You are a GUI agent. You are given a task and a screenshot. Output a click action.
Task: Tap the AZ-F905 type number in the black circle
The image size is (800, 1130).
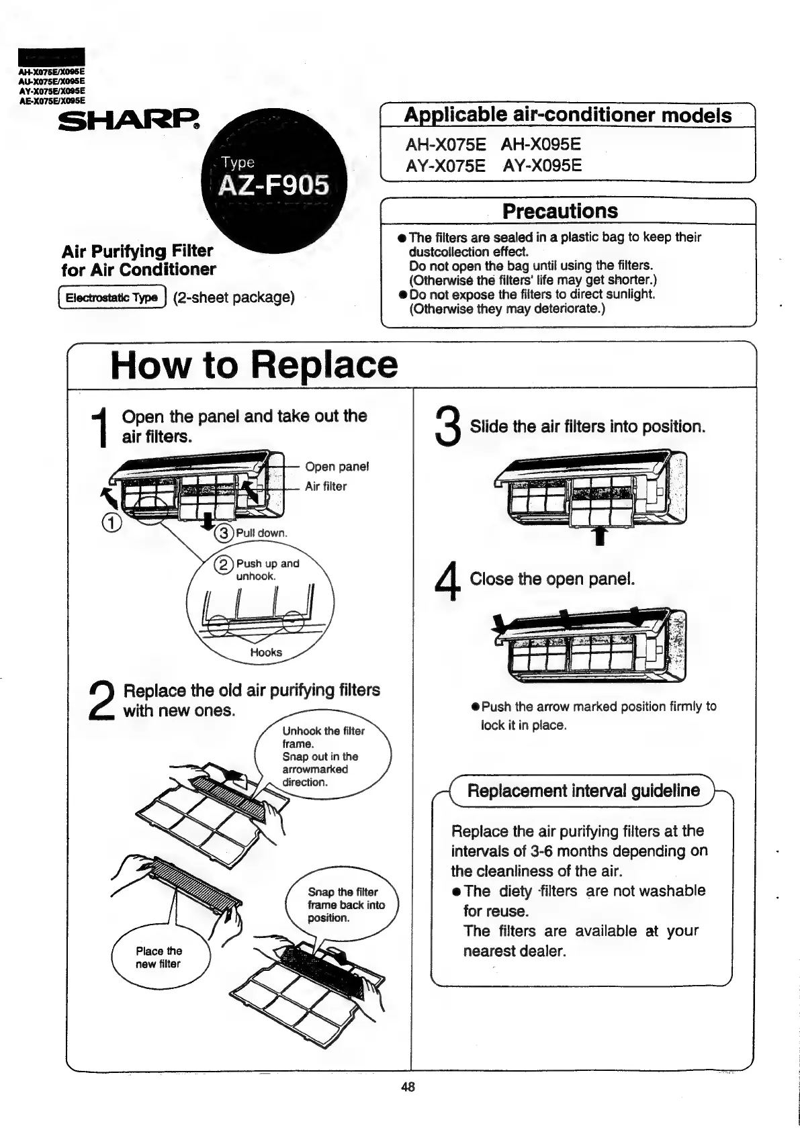[x=275, y=184]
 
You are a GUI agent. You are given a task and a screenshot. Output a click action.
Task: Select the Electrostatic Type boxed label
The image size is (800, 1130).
[x=112, y=297]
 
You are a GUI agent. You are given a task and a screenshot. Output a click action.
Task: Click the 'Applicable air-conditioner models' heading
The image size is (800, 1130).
[x=568, y=115]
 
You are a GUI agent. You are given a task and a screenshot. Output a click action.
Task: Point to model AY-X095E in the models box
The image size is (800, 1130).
[x=542, y=166]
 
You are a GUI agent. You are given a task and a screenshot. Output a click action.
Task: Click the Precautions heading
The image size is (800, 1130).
[x=560, y=211]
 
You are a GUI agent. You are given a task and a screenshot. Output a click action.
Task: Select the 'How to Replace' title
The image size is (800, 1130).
[x=254, y=365]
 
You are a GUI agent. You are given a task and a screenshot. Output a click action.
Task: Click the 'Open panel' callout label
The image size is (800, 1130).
[x=337, y=467]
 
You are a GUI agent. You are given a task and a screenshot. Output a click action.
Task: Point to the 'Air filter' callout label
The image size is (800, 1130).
[x=326, y=486]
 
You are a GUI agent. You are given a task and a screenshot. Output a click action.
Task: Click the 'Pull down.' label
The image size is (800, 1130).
[x=261, y=533]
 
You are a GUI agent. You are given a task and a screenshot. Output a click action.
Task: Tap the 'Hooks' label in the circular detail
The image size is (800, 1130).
[x=266, y=652]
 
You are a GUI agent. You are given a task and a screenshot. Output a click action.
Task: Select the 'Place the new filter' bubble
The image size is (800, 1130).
[x=159, y=957]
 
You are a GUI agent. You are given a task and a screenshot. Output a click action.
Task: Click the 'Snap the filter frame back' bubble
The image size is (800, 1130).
[x=345, y=905]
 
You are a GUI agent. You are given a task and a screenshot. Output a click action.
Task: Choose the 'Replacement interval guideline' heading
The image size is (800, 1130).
[x=583, y=790]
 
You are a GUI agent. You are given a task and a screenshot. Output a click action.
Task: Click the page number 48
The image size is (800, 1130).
[x=408, y=1087]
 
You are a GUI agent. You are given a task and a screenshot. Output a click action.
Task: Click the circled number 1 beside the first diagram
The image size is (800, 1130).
[x=112, y=523]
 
